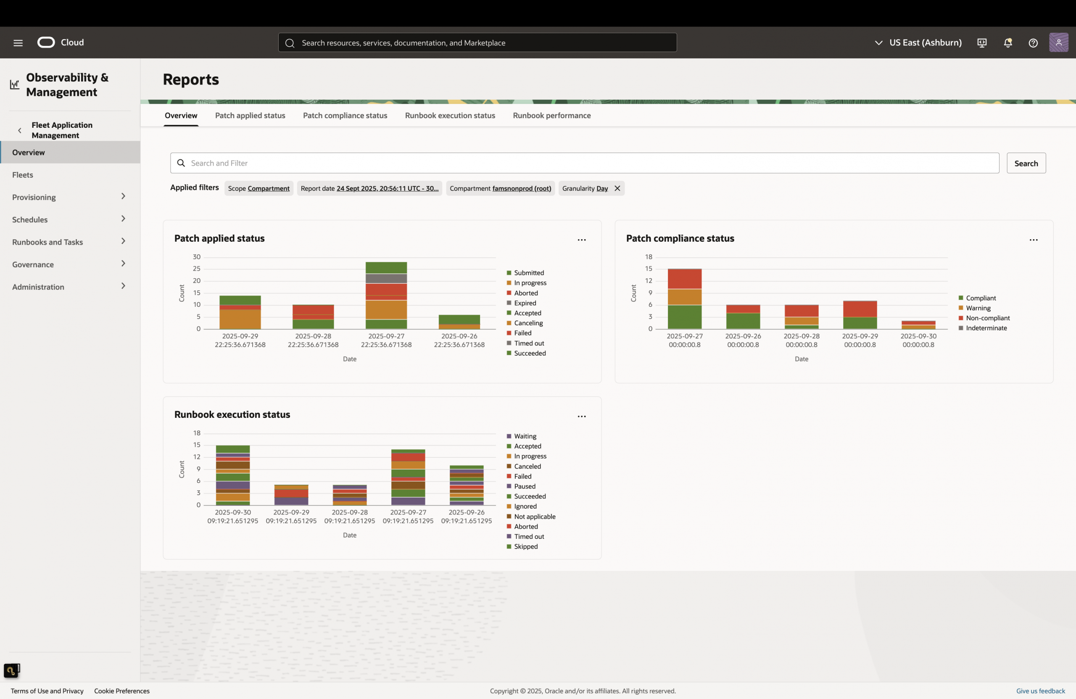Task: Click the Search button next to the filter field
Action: [x=1026, y=163]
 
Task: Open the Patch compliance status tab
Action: [x=345, y=115]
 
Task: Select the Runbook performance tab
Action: [x=551, y=115]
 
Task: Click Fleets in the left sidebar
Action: [x=23, y=175]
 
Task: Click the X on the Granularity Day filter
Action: [x=617, y=189]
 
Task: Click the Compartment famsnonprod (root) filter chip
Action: [x=500, y=189]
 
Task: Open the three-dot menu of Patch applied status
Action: [x=581, y=240]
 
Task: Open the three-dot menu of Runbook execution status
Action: [x=581, y=417]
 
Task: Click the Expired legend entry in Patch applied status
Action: [x=525, y=303]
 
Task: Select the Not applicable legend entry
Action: [x=534, y=516]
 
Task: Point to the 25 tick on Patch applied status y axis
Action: [x=196, y=269]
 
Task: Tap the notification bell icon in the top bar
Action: [x=1007, y=42]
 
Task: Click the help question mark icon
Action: [x=1033, y=42]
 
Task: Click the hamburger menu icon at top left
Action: [x=18, y=42]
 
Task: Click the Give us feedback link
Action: [x=1040, y=691]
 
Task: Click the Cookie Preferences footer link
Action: [x=121, y=691]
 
